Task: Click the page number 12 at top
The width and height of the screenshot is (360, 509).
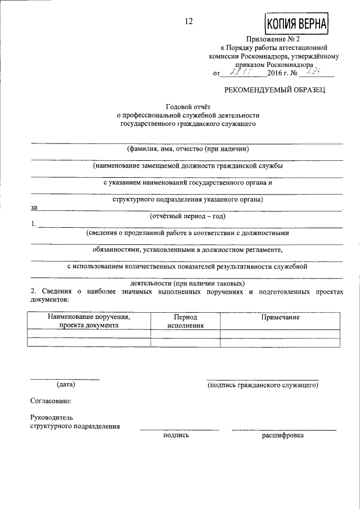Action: [188, 22]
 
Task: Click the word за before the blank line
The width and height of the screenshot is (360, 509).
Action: [33, 208]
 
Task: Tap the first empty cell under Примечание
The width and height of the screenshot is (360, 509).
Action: [280, 334]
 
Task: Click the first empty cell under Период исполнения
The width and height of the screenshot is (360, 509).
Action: [185, 334]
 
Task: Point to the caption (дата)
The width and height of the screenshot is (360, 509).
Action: [65, 385]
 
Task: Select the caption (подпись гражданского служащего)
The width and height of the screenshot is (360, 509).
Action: [263, 385]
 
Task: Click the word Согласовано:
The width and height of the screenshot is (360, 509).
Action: [51, 402]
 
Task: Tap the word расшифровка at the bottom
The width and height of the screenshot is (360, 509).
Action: [282, 435]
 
